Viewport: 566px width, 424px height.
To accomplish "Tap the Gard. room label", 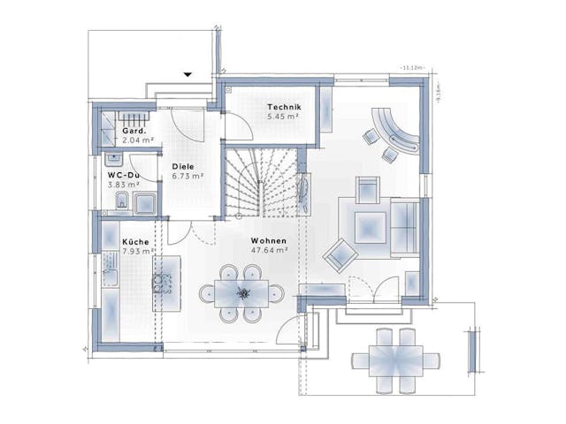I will (134, 131).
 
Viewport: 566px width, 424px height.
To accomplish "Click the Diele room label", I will (183, 166).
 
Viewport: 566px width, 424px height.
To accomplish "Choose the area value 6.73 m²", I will (187, 176).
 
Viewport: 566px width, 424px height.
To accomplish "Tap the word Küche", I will (135, 241).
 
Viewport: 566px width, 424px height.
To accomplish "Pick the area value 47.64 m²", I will (270, 250).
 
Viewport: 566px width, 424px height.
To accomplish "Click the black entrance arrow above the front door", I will (187, 75).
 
